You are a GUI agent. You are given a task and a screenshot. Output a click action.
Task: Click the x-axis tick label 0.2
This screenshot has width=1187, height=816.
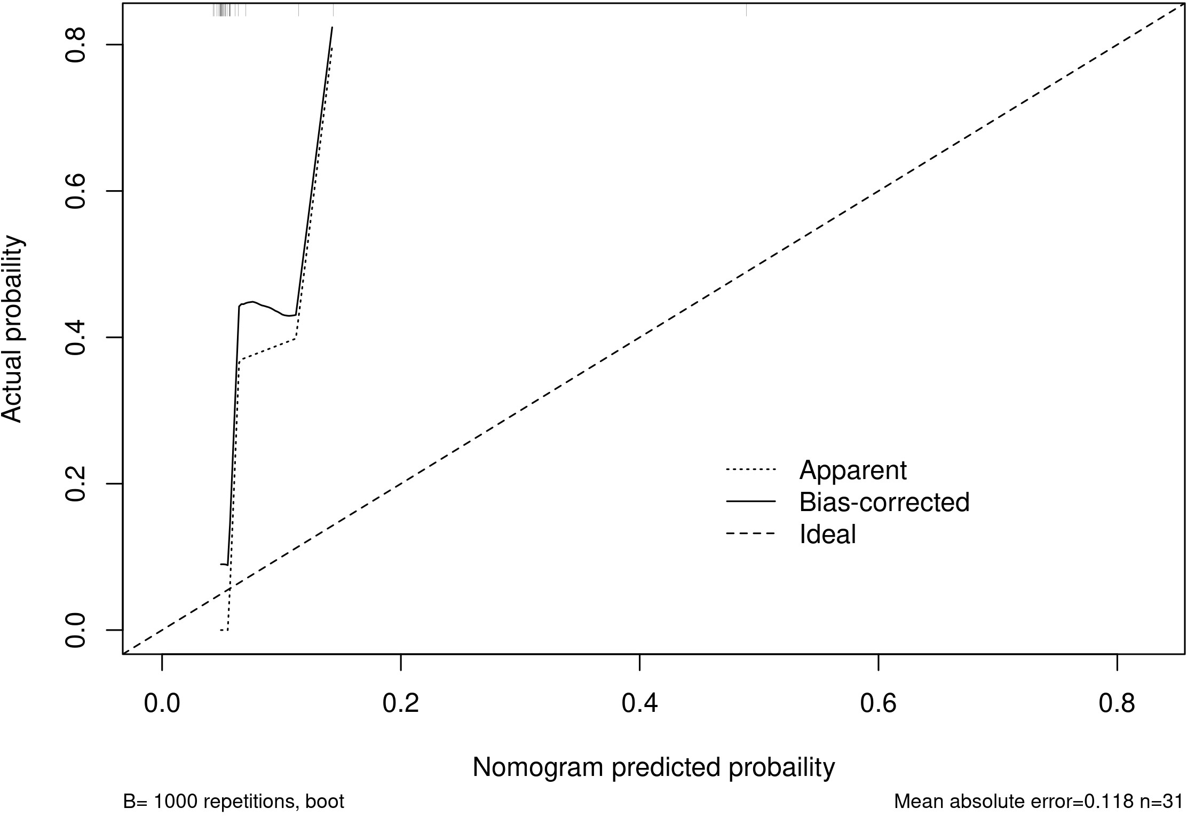pyautogui.click(x=400, y=704)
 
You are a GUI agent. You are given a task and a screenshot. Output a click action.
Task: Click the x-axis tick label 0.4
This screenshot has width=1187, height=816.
pyautogui.click(x=639, y=704)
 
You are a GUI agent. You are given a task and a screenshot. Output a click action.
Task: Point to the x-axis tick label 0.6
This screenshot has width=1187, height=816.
pyautogui.click(x=878, y=704)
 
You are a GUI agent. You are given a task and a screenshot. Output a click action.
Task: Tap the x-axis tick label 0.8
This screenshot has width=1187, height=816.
pyautogui.click(x=1117, y=704)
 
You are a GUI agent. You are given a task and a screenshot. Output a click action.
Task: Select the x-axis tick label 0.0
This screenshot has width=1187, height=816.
pyautogui.click(x=162, y=704)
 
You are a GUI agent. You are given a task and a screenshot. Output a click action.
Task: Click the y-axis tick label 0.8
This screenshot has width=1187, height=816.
pyautogui.click(x=75, y=45)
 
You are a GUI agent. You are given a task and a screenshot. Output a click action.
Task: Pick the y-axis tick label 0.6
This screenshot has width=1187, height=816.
pyautogui.click(x=75, y=191)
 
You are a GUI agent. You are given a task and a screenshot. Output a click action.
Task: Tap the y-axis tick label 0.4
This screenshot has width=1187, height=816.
pyautogui.click(x=75, y=338)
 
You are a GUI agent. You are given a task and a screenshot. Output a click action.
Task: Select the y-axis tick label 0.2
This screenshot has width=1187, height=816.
pyautogui.click(x=75, y=484)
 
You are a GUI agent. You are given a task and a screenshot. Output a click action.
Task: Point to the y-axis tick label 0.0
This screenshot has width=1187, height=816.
pyautogui.click(x=75, y=630)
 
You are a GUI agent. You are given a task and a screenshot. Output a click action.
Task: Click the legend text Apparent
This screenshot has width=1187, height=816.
pyautogui.click(x=853, y=470)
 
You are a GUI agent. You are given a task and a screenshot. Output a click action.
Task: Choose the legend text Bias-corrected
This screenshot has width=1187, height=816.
pyautogui.click(x=884, y=502)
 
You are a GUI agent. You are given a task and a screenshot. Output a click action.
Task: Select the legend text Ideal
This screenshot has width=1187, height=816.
pyautogui.click(x=827, y=534)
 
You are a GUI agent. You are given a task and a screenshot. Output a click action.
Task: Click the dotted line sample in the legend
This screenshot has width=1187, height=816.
pyautogui.click(x=750, y=470)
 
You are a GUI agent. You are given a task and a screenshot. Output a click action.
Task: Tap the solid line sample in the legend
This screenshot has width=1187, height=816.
pyautogui.click(x=750, y=502)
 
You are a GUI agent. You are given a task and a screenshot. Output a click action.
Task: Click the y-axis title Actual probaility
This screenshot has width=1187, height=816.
pyautogui.click(x=13, y=329)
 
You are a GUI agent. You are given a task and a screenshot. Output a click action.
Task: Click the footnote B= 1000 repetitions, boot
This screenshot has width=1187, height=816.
pyautogui.click(x=234, y=802)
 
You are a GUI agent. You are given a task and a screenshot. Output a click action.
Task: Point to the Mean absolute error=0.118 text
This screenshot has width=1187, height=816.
pyautogui.click(x=1014, y=802)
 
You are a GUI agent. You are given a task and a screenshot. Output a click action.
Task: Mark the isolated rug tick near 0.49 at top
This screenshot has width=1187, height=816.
pyautogui.click(x=746, y=10)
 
